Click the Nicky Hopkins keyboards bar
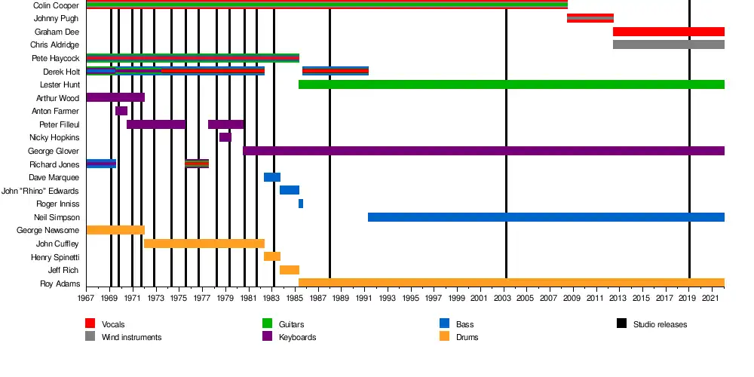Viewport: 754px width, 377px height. pos(225,137)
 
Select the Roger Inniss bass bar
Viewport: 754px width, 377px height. pos(301,204)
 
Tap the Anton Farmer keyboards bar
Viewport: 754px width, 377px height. pos(121,111)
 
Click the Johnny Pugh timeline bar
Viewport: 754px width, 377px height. pos(590,18)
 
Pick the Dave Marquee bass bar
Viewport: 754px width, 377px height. pos(271,177)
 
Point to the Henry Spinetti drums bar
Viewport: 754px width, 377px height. pos(271,256)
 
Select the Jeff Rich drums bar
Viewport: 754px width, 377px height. pos(290,270)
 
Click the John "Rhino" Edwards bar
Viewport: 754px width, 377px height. pos(290,190)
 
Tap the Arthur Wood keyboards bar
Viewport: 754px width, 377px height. pos(115,97)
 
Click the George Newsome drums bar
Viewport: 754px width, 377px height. pos(115,230)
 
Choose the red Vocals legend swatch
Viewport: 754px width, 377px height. pos(91,324)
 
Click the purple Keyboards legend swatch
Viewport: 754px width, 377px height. pos(267,337)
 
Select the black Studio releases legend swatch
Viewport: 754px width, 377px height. pos(622,324)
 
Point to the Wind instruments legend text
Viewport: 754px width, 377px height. pos(131,337)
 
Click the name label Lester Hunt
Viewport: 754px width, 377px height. pos(61,84)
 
